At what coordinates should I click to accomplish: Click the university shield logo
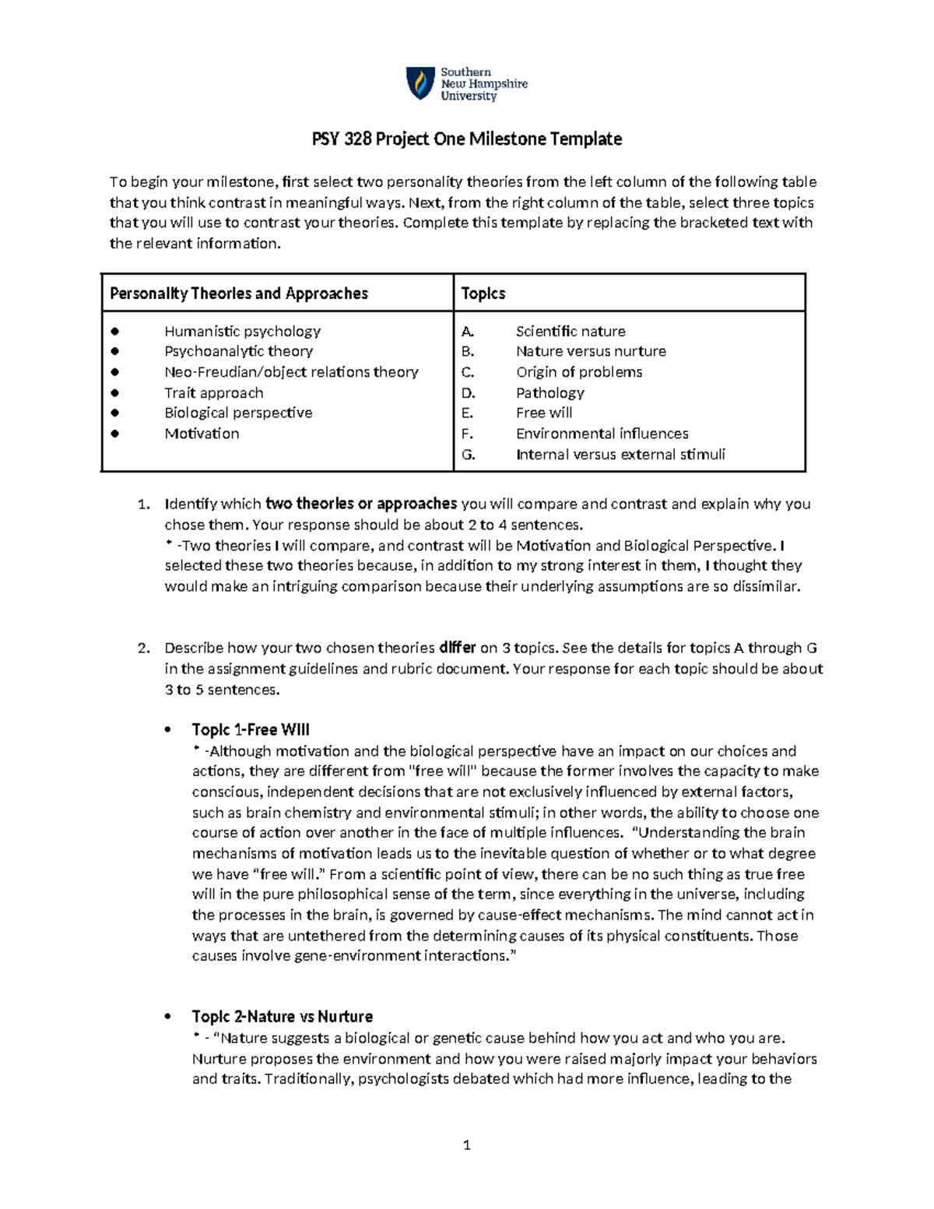coord(420,83)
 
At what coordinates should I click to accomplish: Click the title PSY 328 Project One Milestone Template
coord(467,139)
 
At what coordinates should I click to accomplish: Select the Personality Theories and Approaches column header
coord(239,293)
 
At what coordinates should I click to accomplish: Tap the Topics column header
coord(483,293)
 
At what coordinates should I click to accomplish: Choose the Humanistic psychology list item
coord(242,331)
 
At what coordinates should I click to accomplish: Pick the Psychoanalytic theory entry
coord(238,351)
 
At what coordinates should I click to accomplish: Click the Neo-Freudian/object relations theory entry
coord(291,372)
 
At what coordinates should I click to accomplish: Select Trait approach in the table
coord(213,392)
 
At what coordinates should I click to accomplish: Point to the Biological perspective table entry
coord(238,413)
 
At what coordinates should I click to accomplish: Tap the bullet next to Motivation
coord(115,434)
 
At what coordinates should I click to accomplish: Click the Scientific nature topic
coord(571,331)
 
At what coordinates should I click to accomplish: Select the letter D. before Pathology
coord(468,392)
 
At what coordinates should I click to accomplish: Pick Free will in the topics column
coord(544,413)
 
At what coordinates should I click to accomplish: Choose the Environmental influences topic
coord(602,434)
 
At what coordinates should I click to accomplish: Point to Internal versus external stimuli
coord(620,455)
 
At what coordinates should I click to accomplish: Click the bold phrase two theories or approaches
coord(361,504)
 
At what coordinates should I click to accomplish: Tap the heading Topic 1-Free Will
coord(251,729)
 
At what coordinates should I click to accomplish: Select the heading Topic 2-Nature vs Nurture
coord(283,1017)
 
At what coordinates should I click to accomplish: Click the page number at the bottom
coord(467,1144)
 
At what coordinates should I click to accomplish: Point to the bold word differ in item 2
coord(458,648)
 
